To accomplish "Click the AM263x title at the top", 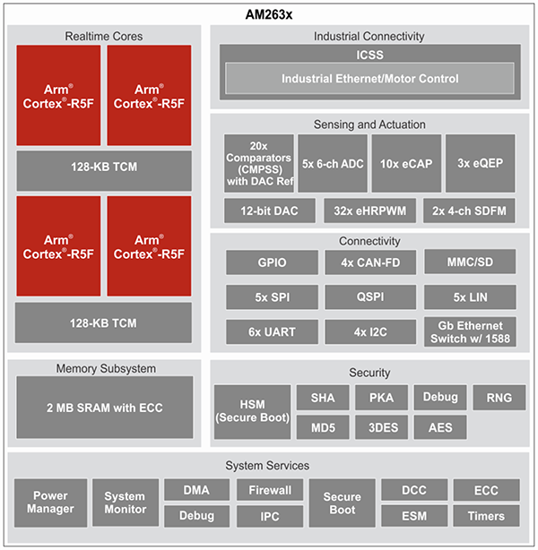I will point(269,14).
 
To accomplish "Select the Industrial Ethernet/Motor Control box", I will point(369,79).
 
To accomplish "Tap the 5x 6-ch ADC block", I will point(333,163).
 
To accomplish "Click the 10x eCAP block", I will point(406,163).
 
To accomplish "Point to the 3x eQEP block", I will point(480,163).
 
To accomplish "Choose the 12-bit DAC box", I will point(259,211).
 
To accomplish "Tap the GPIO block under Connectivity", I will point(272,262).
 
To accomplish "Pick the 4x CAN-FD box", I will point(369,262).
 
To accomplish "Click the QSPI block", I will point(369,296).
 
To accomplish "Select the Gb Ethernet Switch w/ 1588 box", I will point(470,331).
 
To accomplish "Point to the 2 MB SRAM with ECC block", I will point(104,408).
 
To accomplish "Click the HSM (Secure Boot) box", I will point(251,411).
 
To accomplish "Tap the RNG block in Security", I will point(499,397).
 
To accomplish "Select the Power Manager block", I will point(51,503).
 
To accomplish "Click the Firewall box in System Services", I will point(270,490).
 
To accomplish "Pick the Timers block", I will point(487,517).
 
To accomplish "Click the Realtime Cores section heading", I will point(104,36).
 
